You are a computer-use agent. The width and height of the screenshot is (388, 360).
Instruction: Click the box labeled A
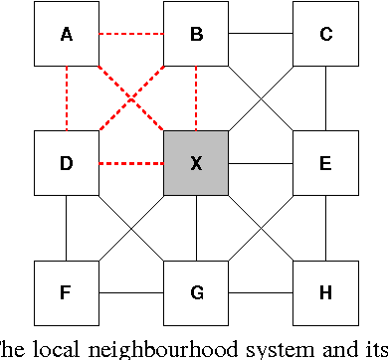click(x=66, y=35)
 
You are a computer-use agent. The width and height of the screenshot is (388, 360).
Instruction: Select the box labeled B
click(x=196, y=35)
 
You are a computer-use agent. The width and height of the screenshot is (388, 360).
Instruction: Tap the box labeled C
click(x=325, y=35)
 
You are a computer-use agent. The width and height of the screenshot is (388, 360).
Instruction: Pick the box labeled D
click(x=66, y=163)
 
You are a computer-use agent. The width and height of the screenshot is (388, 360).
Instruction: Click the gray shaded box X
click(x=196, y=163)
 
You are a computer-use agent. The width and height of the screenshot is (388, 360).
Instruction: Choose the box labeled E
click(x=325, y=163)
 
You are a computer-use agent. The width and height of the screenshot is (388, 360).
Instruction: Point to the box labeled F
click(x=66, y=292)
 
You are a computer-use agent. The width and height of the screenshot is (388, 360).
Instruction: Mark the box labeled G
click(x=196, y=292)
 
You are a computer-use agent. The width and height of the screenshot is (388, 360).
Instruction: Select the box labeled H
click(x=325, y=292)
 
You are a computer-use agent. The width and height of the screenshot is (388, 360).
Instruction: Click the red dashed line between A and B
click(x=131, y=35)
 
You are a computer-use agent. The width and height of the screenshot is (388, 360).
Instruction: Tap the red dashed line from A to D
click(x=66, y=99)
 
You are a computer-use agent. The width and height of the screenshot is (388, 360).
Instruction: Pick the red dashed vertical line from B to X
click(x=196, y=99)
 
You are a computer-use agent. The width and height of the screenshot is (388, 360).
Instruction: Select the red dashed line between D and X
click(x=131, y=163)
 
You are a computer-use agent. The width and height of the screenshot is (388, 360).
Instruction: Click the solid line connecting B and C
click(x=261, y=35)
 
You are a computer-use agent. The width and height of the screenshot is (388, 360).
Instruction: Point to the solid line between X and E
click(x=261, y=163)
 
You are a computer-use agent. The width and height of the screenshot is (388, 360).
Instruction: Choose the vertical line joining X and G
click(x=196, y=228)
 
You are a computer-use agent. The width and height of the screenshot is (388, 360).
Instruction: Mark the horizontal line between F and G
click(x=131, y=293)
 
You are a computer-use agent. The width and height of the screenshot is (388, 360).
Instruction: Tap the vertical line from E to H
click(x=325, y=228)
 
